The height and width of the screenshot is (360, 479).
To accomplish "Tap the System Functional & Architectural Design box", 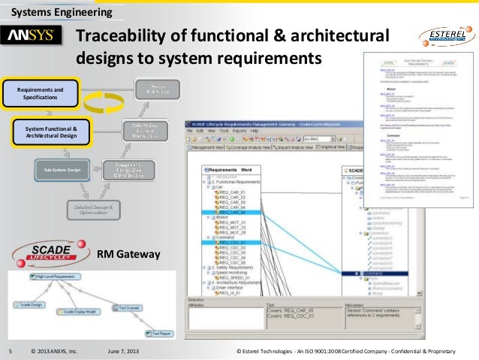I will [51, 132].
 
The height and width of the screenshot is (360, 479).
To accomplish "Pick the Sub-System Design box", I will [61, 170].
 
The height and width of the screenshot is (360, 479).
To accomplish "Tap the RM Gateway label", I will [128, 255].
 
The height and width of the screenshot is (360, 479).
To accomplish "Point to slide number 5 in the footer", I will [10, 352].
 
